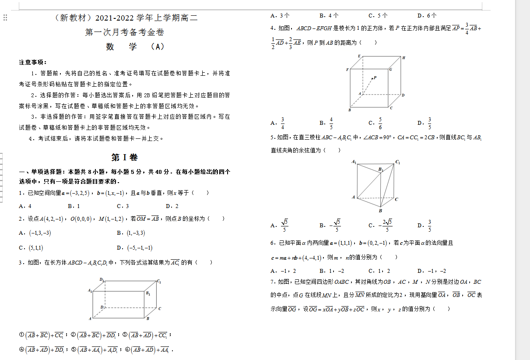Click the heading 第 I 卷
coord(125,158)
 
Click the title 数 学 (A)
coord(135,47)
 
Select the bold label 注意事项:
coord(33,62)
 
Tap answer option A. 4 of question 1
coord(25,206)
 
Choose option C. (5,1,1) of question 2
coord(31,247)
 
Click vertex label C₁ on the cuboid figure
coord(159,281)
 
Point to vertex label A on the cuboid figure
coord(90,318)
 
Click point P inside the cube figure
coord(373,78)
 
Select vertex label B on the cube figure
coord(349,110)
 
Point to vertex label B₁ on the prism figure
coord(381,169)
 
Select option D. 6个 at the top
coord(427,15)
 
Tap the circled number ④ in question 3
coord(21,349)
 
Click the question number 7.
coord(272,282)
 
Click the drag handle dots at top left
coord(5,18)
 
